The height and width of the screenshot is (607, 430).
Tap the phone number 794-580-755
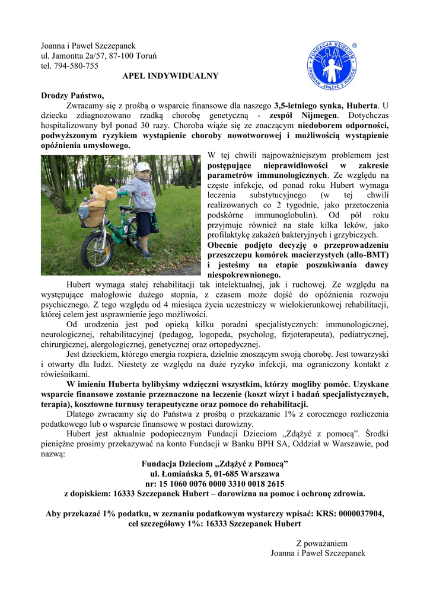click(x=75, y=66)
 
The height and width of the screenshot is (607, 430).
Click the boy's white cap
click(x=142, y=167)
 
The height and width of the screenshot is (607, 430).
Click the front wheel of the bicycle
click(x=97, y=250)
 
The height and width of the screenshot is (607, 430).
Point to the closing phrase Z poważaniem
click(x=321, y=543)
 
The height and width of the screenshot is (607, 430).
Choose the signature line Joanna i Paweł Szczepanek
click(x=318, y=553)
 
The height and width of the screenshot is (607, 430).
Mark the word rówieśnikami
click(x=65, y=374)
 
